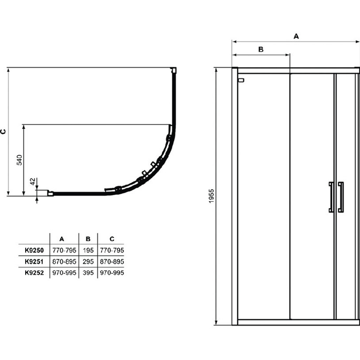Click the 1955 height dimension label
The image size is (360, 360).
point(211,196)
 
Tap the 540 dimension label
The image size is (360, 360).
point(19,160)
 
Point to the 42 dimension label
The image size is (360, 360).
point(33,181)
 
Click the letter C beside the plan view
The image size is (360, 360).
point(3,131)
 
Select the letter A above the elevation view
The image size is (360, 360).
point(296,36)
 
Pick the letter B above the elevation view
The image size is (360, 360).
point(261,49)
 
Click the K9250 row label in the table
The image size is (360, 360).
point(34,250)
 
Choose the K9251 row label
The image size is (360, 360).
point(34,262)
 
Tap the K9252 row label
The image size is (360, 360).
point(34,273)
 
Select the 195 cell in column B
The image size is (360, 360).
point(88,250)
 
